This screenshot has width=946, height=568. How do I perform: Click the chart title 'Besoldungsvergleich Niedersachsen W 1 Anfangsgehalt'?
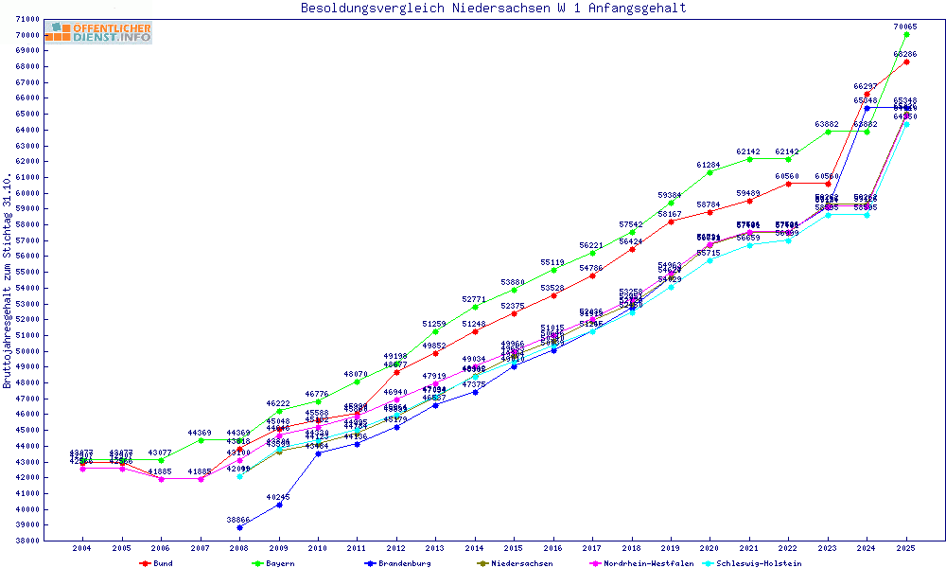pos(493,9)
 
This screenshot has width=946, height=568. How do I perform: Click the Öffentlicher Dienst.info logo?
pos(98,33)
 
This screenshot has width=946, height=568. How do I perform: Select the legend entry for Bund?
pos(163,563)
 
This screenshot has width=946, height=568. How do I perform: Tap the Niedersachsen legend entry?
pos(521,563)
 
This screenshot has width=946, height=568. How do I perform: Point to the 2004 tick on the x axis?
pos(82,548)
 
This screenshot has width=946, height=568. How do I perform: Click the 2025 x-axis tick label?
pos(906,548)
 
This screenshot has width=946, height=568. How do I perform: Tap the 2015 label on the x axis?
pos(514,548)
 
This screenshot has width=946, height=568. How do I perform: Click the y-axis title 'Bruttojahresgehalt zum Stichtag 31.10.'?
pos(8,281)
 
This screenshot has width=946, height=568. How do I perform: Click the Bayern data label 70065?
pos(906,27)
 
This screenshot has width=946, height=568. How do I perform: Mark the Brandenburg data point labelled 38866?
pos(239,527)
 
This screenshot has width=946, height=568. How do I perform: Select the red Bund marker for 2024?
pos(867,94)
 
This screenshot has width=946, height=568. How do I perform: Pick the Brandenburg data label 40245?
pos(278,497)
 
